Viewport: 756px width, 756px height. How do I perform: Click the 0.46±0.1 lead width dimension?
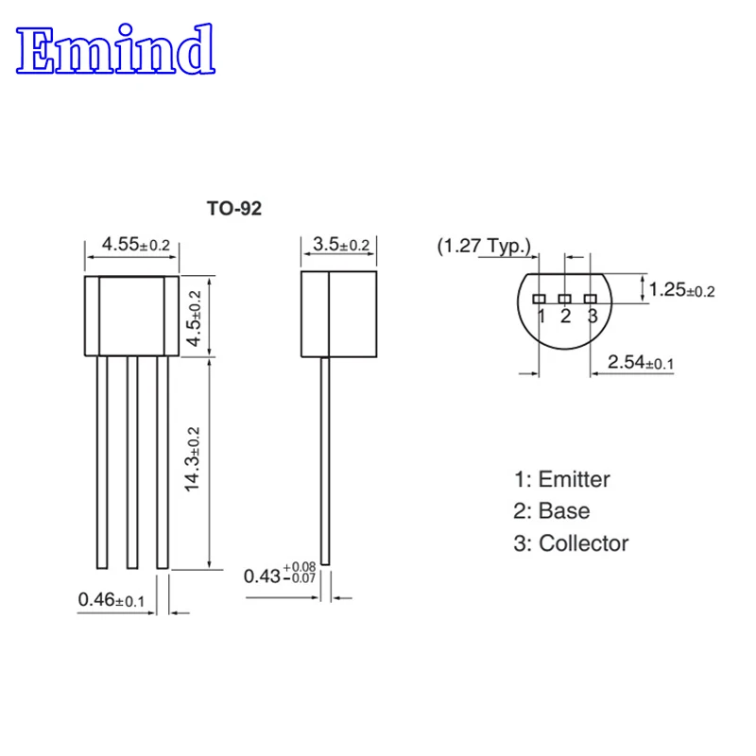coord(112,598)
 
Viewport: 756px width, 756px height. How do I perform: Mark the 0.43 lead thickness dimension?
coord(280,575)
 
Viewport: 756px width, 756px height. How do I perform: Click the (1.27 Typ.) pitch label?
coord(484,247)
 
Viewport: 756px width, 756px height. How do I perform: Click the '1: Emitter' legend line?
coord(561,479)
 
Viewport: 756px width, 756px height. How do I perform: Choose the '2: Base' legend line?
coord(551,511)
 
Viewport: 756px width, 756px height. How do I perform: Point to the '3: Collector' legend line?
coord(570,543)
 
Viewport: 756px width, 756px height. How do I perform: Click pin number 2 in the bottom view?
coord(565,316)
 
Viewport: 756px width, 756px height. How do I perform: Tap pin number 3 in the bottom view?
coord(592,316)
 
